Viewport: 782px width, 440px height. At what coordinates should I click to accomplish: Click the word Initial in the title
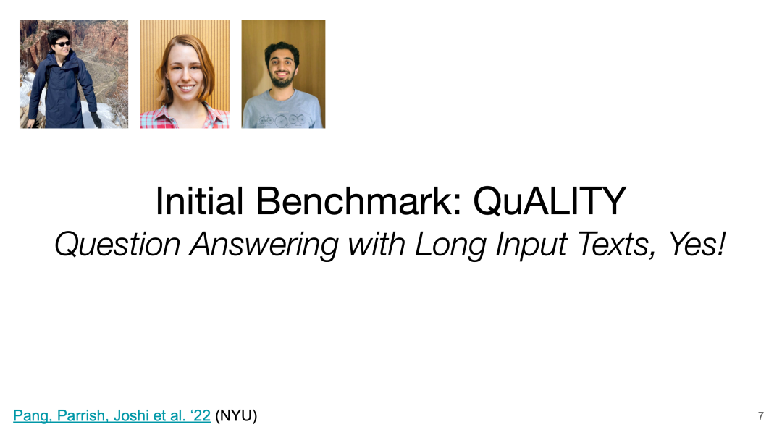click(x=200, y=200)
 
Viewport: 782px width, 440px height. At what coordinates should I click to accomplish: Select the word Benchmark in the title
click(x=358, y=200)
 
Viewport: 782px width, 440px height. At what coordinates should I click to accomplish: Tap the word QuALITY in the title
click(x=549, y=201)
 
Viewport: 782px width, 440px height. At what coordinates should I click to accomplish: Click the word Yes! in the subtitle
click(x=697, y=244)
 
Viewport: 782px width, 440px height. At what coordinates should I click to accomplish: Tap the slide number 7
click(x=760, y=415)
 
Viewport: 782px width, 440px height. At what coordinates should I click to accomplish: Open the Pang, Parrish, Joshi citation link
click(x=112, y=415)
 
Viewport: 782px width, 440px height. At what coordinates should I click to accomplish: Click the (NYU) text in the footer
click(x=236, y=415)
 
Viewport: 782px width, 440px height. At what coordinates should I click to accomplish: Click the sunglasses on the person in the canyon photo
click(x=62, y=44)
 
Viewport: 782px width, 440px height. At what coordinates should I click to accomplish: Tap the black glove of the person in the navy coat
click(x=96, y=119)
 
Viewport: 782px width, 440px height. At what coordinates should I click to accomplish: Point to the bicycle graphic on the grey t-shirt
click(x=282, y=119)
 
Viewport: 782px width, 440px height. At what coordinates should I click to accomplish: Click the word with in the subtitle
click(x=377, y=245)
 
